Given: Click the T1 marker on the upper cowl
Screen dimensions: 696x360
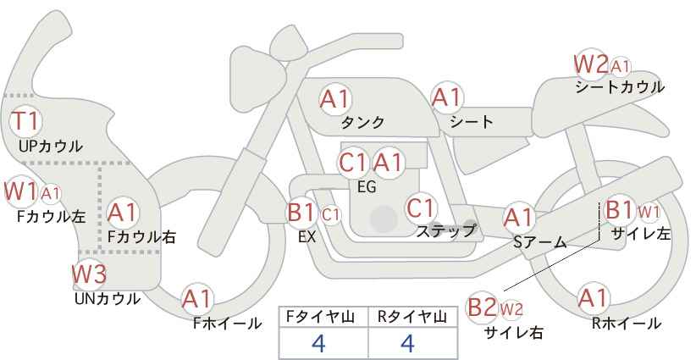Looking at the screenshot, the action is pos(25,121).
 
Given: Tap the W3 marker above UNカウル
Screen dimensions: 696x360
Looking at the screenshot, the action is pos(89,274).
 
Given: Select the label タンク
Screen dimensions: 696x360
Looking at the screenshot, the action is pos(362,122).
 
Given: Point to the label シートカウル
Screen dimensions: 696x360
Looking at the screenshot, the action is pos(620,87).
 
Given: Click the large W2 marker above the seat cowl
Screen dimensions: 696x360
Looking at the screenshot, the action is pos(590,65).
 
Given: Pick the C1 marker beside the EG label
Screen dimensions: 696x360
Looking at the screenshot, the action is pos(353,163).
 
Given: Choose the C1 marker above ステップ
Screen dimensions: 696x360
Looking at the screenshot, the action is pos(420,208).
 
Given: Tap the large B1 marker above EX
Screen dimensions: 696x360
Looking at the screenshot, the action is pos(301,212).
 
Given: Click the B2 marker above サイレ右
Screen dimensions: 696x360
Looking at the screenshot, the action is pos(483,307).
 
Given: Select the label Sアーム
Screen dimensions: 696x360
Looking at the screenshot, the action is pos(539,242).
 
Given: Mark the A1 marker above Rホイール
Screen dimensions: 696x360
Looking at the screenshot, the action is pos(593,298).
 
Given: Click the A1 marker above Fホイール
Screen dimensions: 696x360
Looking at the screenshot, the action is pos(197,299).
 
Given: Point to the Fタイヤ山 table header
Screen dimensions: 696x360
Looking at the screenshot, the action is pos(320,317).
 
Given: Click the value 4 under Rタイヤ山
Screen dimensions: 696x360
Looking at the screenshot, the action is pos(407,343).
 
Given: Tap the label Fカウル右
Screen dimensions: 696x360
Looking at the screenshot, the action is pos(141,236).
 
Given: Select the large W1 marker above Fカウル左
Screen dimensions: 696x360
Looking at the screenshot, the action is pos(20,192).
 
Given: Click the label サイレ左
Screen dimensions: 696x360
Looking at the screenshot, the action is pos(640,234).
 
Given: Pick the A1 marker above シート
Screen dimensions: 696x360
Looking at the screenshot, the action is pos(447,97).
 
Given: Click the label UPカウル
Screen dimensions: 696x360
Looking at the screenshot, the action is pos(51,146).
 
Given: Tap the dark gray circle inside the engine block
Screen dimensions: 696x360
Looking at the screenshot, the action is pos(384,219).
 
